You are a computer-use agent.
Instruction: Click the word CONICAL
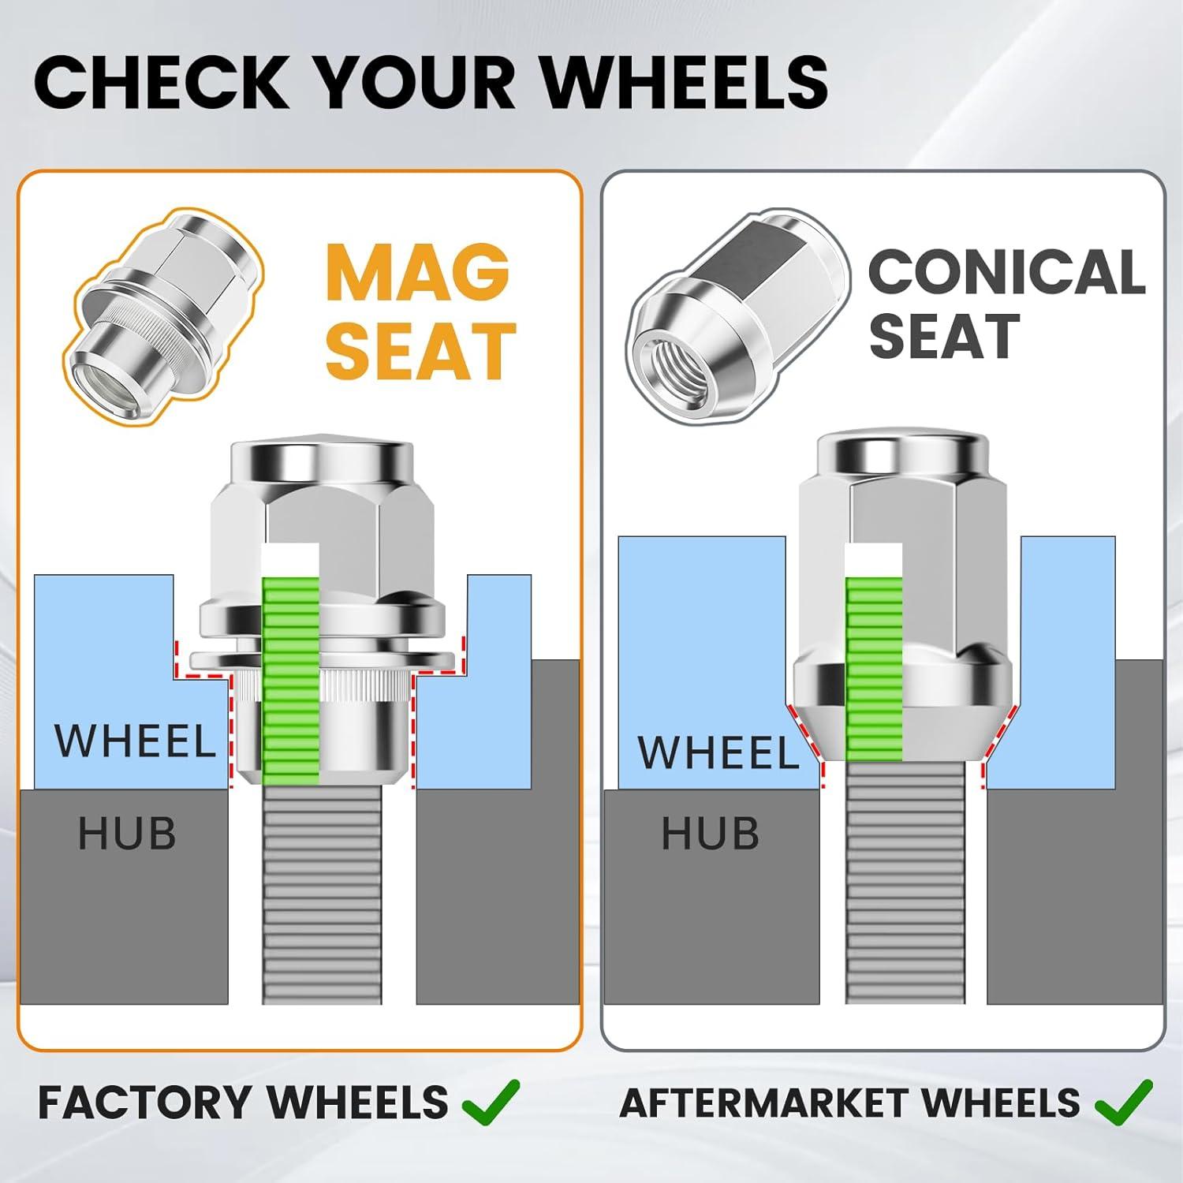1006,271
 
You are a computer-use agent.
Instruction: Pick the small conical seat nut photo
737,319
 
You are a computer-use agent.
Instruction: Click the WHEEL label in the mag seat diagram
135,741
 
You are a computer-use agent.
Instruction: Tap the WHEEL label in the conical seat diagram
718,752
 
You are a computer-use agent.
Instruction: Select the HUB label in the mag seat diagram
127,834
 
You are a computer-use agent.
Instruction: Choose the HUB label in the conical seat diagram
711,834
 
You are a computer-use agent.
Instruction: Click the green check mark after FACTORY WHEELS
491,1101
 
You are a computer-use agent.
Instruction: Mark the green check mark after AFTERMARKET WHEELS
1124,1101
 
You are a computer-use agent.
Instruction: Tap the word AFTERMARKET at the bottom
780,1103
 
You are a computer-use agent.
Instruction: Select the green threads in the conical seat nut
874,669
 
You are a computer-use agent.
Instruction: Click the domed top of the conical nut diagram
902,454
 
